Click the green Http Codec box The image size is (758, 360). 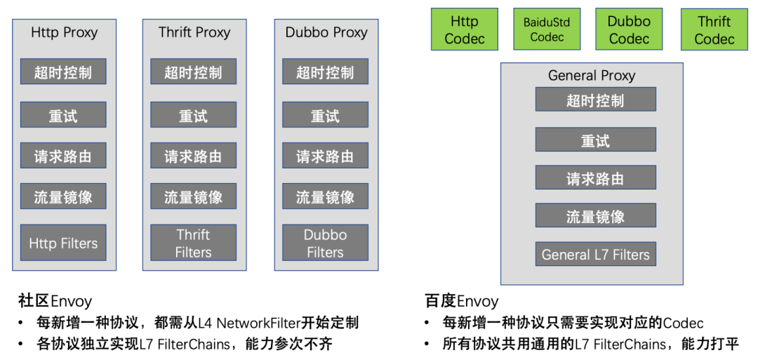tap(464, 29)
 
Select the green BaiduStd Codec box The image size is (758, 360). tap(547, 29)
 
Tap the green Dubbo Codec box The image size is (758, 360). tap(629, 29)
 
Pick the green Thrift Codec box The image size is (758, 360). tap(714, 29)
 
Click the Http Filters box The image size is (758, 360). tap(63, 243)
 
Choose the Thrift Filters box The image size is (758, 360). tap(193, 243)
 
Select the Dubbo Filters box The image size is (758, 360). tap(325, 243)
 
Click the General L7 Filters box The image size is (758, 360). tap(595, 254)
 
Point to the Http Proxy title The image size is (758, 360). tap(64, 32)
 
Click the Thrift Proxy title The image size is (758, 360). tap(194, 32)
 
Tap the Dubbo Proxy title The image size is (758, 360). tap(326, 32)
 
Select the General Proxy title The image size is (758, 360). tap(592, 75)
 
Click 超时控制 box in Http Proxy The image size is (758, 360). tap(63, 72)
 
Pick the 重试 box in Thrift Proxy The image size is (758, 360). tap(193, 115)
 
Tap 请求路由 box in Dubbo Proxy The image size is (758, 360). tap(325, 156)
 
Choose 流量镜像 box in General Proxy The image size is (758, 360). tap(595, 215)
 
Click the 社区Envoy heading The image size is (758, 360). tap(55, 302)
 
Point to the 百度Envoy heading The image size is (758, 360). tap(461, 302)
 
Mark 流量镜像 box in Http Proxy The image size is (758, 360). tap(63, 196)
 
